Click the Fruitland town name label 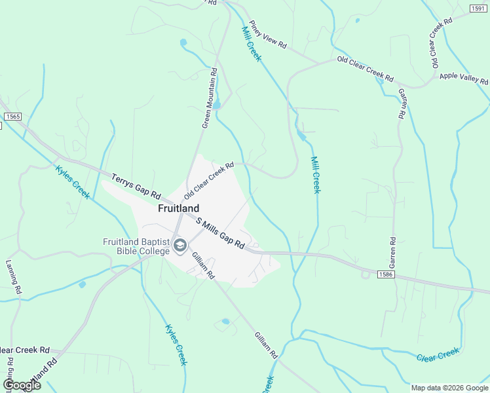pos(178,208)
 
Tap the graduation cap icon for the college pos(180,246)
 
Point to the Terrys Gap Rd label pos(136,186)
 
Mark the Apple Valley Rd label pos(464,79)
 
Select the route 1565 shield pos(12,116)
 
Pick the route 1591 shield pos(478,8)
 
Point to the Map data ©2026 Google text pos(449,388)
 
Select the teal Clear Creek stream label pos(438,356)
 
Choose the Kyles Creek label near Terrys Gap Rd pos(72,181)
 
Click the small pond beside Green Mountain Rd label pos(217,104)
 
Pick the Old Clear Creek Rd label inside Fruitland pos(209,181)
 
